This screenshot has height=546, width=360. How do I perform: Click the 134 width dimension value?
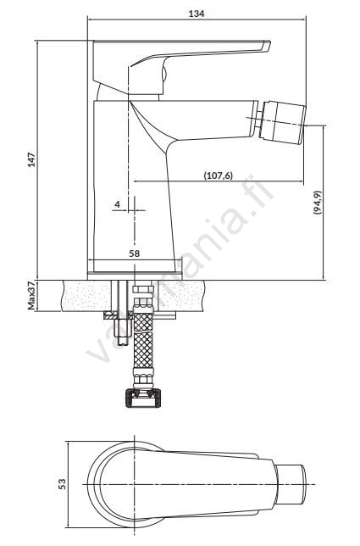coord(197,14)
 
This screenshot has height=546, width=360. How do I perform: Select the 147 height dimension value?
coord(31,159)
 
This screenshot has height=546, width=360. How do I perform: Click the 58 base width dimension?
coord(135,253)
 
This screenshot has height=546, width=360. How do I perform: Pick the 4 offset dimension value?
coord(117,204)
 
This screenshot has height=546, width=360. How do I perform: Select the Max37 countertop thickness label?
coord(31,296)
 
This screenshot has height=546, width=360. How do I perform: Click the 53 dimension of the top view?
coord(62,483)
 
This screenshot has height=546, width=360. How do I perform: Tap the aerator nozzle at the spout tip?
coord(283,122)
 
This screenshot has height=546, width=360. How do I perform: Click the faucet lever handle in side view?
coord(181,66)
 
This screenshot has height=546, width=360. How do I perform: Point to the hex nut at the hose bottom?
coord(143,398)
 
